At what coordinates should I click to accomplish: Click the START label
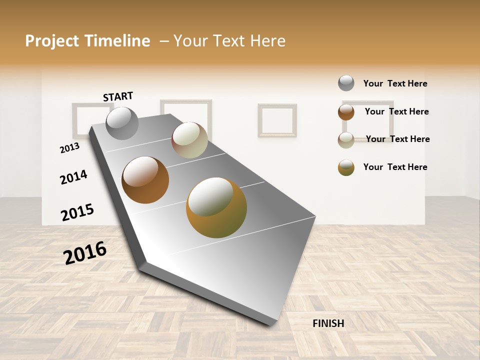[118, 96]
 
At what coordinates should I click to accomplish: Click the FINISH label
[328, 323]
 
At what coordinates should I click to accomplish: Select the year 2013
[69, 148]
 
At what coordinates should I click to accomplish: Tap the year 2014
[73, 177]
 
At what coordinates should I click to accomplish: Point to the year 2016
[85, 252]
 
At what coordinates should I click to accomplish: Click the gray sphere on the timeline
[122, 123]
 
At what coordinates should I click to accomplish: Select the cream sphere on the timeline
[189, 140]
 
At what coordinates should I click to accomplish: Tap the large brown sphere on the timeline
[145, 180]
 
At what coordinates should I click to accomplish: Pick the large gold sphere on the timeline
[216, 207]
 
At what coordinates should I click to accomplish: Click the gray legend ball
[346, 83]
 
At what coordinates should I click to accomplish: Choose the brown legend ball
[346, 112]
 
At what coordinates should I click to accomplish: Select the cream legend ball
[346, 139]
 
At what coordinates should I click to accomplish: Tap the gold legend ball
[346, 167]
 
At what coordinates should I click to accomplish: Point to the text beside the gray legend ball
[395, 83]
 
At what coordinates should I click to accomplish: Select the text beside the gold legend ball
[395, 167]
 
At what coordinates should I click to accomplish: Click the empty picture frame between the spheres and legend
[277, 120]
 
